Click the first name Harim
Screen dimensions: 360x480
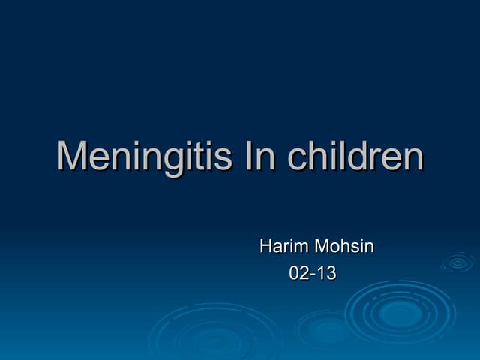283,246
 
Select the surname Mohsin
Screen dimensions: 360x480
344,246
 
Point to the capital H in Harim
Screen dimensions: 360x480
265,246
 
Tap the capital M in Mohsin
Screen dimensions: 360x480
322,246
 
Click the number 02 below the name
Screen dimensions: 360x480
298,274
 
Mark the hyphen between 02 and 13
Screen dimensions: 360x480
313,275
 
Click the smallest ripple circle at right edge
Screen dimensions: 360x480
457,262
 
